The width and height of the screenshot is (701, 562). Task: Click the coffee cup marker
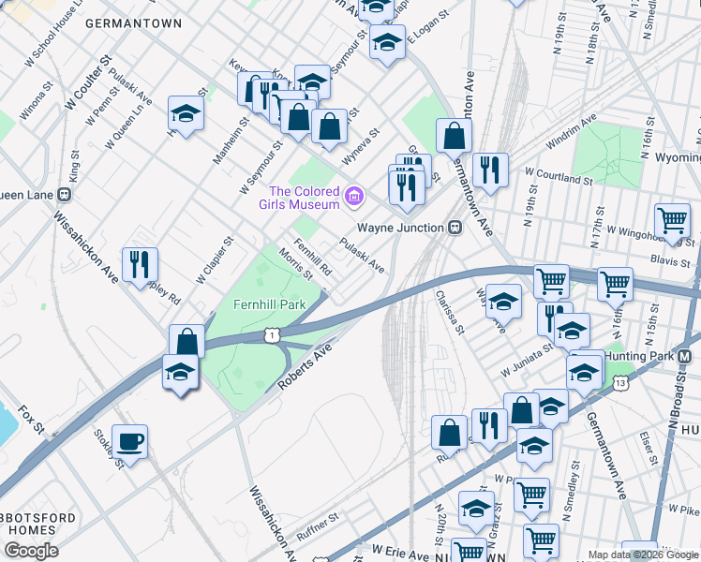[x=129, y=441]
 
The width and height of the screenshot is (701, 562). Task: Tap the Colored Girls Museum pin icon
[x=353, y=196]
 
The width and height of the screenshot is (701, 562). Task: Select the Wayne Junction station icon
[x=455, y=227]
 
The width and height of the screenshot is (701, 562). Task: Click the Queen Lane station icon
[x=64, y=195]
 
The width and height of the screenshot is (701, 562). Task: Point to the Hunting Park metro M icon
[x=684, y=357]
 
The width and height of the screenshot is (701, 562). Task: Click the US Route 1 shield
[x=270, y=334]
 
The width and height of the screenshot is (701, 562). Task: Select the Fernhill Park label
[x=270, y=305]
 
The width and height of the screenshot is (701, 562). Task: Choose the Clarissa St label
[x=450, y=310]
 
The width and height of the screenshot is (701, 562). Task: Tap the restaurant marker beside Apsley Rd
[x=140, y=263]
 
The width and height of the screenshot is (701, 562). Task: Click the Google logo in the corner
[x=31, y=551]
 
